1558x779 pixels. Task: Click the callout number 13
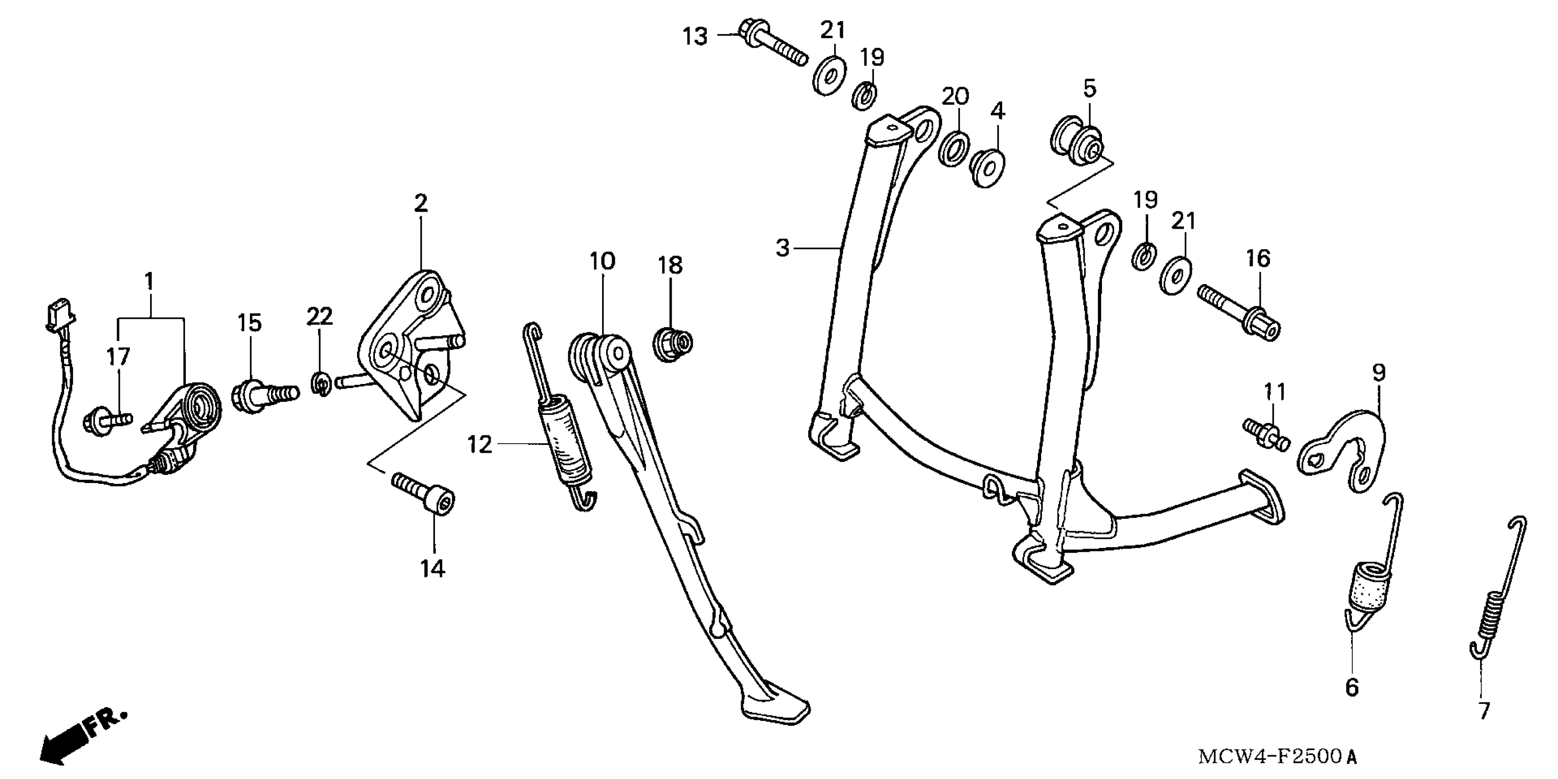click(695, 37)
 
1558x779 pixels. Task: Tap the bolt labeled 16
click(1238, 313)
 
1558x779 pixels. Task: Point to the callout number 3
click(782, 248)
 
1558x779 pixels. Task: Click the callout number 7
click(1484, 711)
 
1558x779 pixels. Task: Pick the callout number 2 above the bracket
click(421, 203)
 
